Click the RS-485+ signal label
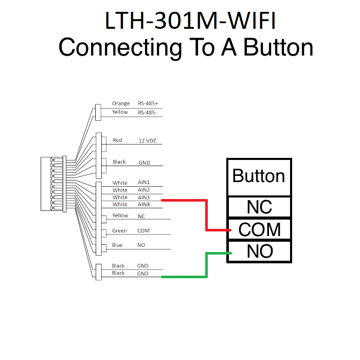point(148,103)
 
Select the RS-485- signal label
point(147,112)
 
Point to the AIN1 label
point(143,183)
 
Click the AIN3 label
point(143,197)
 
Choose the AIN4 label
point(143,205)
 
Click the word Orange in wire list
point(121,103)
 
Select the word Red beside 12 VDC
point(117,140)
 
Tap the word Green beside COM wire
point(119,231)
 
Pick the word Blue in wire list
point(117,245)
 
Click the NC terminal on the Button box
point(259,207)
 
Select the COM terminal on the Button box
point(259,229)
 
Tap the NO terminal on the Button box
point(259,251)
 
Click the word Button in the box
point(259,176)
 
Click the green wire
point(207,265)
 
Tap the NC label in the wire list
point(141,217)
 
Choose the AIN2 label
point(143,190)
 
